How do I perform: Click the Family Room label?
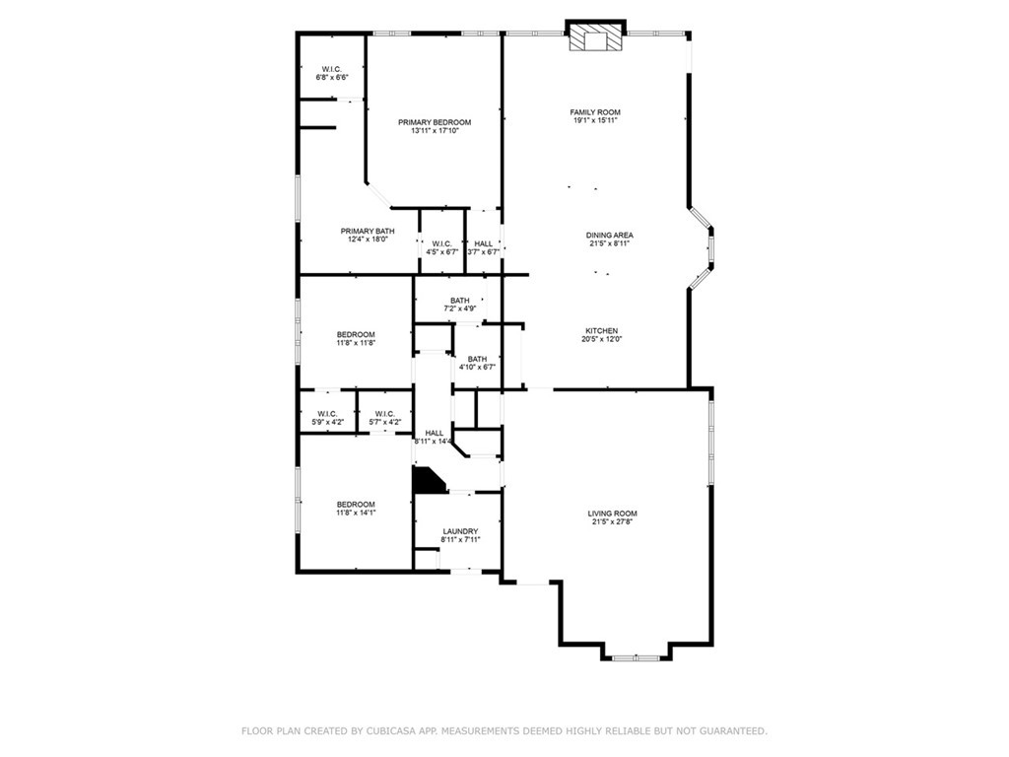[595, 112]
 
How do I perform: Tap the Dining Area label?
[609, 235]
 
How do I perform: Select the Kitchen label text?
[602, 331]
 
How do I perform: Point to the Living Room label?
[612, 514]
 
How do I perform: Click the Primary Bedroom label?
[435, 122]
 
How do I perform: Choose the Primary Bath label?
[368, 231]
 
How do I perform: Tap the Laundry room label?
[460, 531]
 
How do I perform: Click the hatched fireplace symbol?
[596, 37]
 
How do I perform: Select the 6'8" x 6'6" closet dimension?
[332, 77]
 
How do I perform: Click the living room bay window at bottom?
[636, 657]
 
